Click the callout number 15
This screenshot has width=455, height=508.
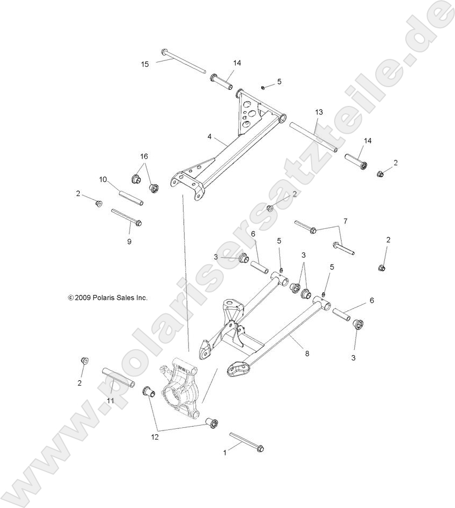tap(145, 64)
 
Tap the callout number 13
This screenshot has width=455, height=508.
tap(319, 112)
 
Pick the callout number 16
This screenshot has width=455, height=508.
tap(144, 156)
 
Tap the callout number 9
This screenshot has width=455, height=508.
tap(129, 242)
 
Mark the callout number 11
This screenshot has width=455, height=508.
tap(111, 401)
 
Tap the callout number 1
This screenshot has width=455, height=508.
tap(225, 452)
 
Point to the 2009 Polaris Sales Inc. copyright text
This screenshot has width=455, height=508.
tap(108, 298)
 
